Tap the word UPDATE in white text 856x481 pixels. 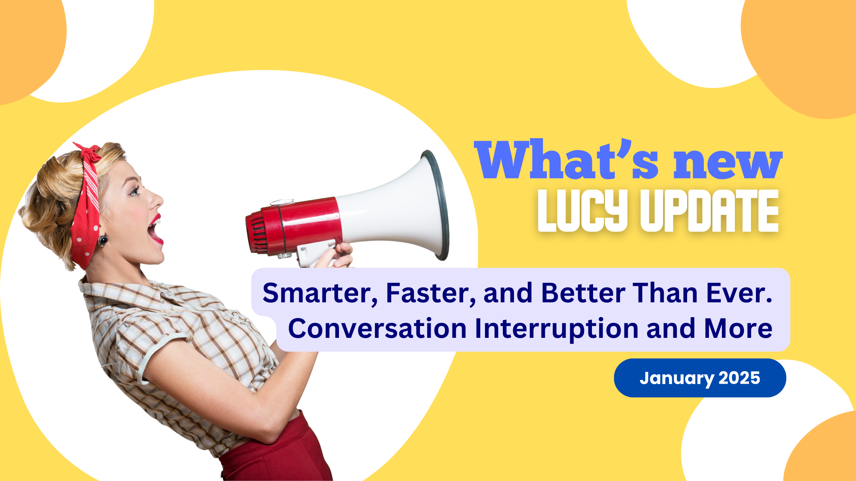(710, 211)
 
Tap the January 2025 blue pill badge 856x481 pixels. (700, 378)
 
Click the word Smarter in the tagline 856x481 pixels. (320, 293)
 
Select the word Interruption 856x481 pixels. (557, 328)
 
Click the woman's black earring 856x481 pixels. (103, 240)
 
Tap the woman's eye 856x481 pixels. (135, 191)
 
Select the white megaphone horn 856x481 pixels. (397, 206)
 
